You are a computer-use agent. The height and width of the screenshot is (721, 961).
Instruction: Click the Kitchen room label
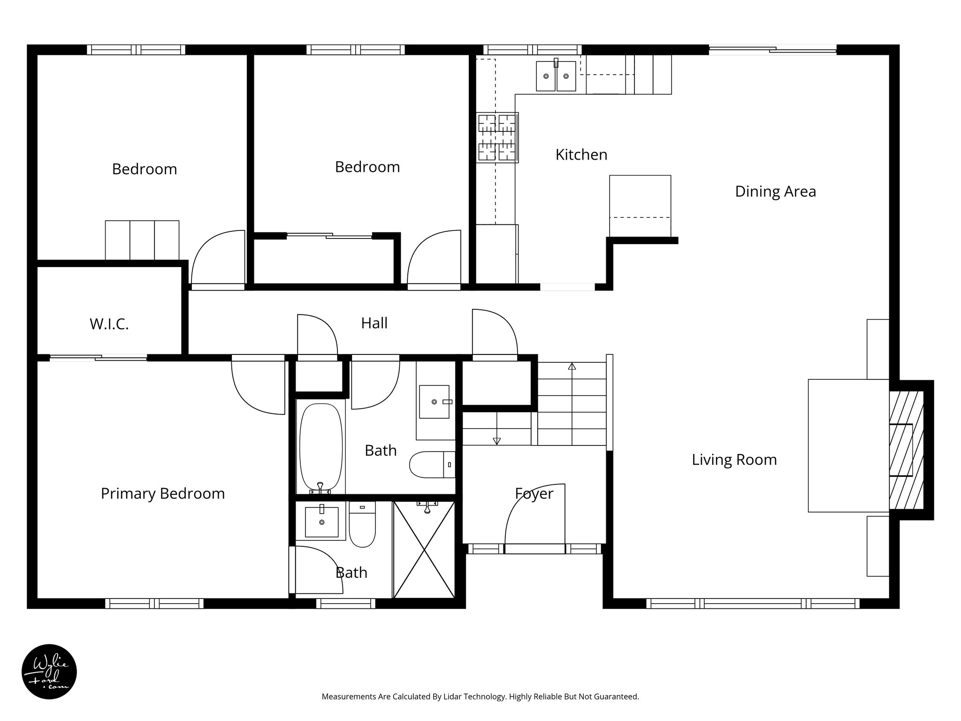point(581,154)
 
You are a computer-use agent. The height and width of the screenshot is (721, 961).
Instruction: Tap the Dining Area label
point(775,192)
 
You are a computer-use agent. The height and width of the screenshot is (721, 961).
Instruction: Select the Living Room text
point(734,460)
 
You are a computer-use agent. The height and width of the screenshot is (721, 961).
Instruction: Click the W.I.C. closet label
point(109,324)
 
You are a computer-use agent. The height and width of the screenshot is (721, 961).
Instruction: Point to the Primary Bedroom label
point(162,493)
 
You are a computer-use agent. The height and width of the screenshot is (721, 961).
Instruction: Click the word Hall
point(374,323)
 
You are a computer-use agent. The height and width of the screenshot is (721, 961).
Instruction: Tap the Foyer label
point(534,493)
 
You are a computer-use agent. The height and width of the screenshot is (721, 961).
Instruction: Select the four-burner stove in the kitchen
point(497,138)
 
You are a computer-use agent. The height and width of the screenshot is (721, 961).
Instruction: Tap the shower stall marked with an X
point(424,550)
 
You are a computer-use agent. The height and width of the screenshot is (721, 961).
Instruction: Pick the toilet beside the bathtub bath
point(432,464)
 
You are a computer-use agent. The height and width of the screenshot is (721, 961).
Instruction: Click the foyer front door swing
point(535,516)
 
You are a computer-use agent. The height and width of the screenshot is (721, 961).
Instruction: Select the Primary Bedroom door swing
point(258,387)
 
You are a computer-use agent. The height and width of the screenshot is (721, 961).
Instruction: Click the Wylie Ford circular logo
point(49,671)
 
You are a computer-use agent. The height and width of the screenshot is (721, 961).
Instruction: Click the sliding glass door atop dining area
point(772,49)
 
